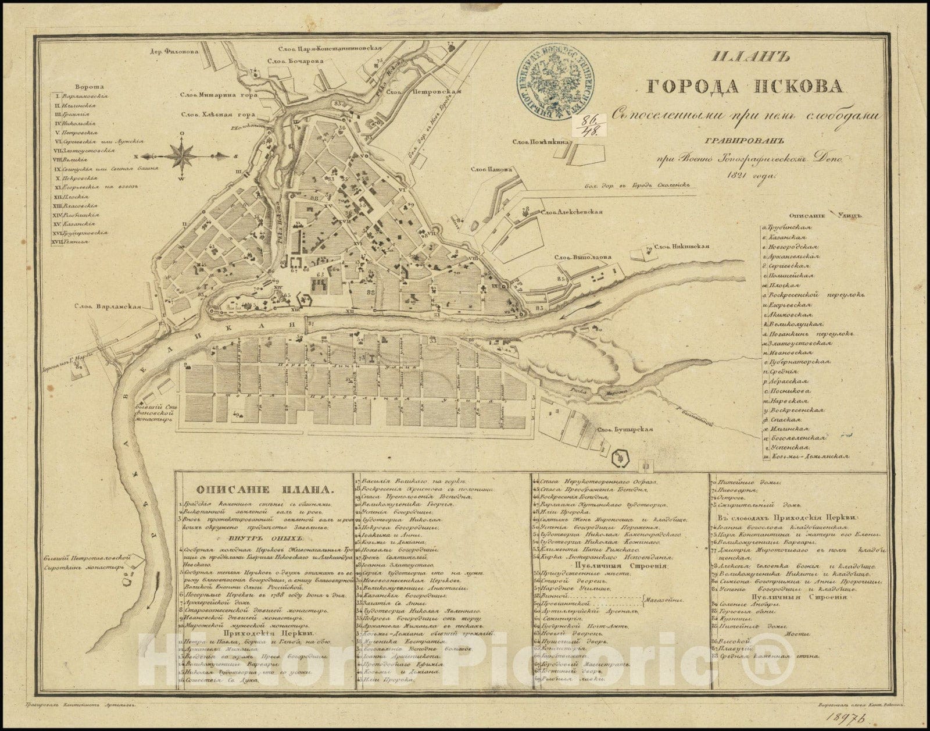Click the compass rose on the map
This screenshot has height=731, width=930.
pyautogui.click(x=182, y=156)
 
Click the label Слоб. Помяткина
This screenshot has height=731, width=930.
pyautogui.click(x=531, y=140)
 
